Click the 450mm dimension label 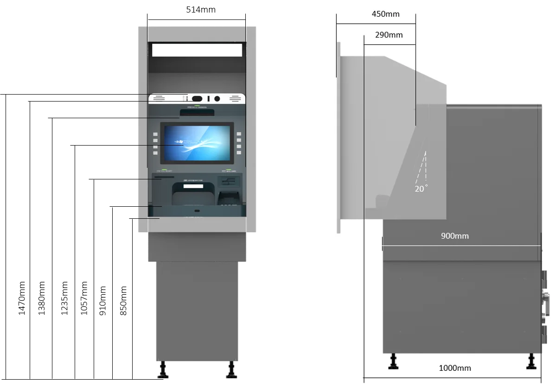385,14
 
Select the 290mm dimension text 389,35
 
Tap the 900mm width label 454,236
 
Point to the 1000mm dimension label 454,368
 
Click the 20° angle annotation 421,189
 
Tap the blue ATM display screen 197,143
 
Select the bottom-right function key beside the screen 239,153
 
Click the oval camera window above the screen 197,99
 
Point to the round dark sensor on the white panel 217,99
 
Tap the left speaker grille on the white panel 160,99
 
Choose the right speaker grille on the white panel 235,99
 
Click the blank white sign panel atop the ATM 197,50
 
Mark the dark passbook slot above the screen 197,112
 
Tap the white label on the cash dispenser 193,186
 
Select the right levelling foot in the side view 531,362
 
